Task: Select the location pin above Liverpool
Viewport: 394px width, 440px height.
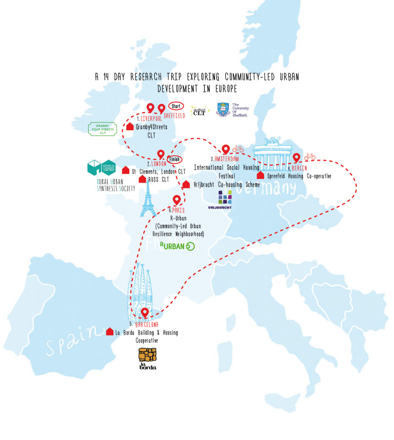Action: pos(151,108)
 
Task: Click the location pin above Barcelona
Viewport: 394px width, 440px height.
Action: pos(145,313)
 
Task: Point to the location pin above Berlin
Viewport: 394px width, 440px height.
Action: pos(296,158)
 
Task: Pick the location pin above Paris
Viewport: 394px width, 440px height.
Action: pos(177,200)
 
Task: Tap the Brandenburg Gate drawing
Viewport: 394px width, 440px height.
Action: pos(272,151)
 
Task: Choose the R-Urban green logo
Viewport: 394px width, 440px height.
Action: pos(178,246)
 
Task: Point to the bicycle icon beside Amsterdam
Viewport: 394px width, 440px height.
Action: pos(238,149)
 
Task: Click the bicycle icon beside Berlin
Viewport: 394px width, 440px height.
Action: pos(309,157)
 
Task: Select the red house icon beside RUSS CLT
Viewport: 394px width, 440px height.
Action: pos(142,179)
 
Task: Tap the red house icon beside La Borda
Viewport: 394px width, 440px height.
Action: pos(109,332)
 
